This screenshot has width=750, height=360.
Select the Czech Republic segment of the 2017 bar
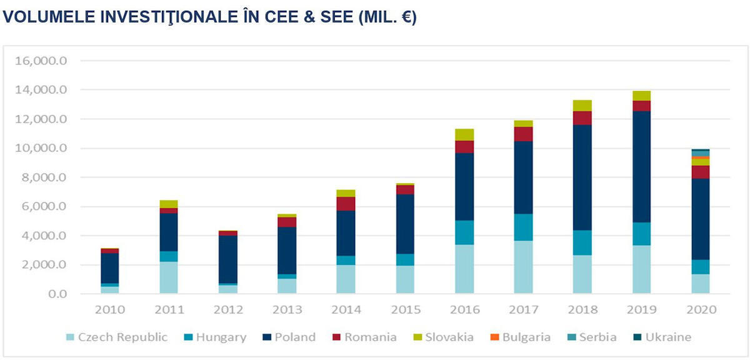click(523, 267)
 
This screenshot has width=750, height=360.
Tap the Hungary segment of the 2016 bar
click(464, 232)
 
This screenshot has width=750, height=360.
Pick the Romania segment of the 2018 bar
click(582, 118)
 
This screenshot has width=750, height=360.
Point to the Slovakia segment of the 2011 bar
click(169, 204)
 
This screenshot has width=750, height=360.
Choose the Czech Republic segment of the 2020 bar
click(700, 284)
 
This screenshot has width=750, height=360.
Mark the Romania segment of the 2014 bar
click(346, 204)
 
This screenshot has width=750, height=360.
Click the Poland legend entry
click(288, 337)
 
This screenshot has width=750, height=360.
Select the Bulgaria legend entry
click(518, 337)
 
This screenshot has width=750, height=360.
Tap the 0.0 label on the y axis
click(56, 294)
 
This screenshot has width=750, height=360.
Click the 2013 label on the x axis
click(287, 309)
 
